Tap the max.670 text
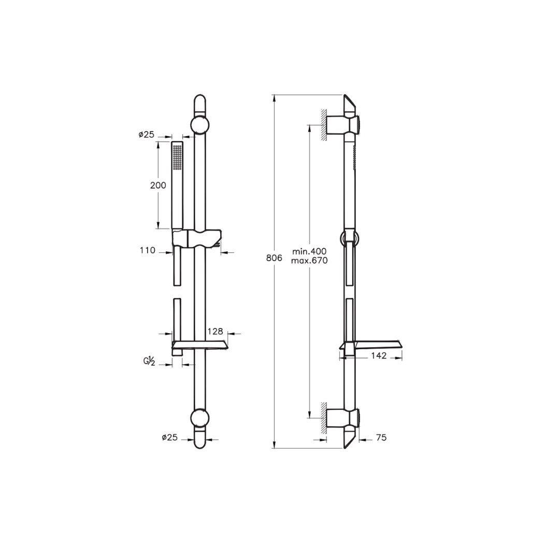click(x=310, y=261)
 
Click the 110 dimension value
click(x=147, y=251)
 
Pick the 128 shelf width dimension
click(x=214, y=330)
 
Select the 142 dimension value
click(x=379, y=356)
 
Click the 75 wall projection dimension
click(x=381, y=438)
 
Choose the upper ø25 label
click(x=147, y=135)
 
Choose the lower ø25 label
click(x=169, y=438)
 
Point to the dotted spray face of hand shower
click(x=177, y=156)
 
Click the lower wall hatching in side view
click(x=323, y=416)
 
